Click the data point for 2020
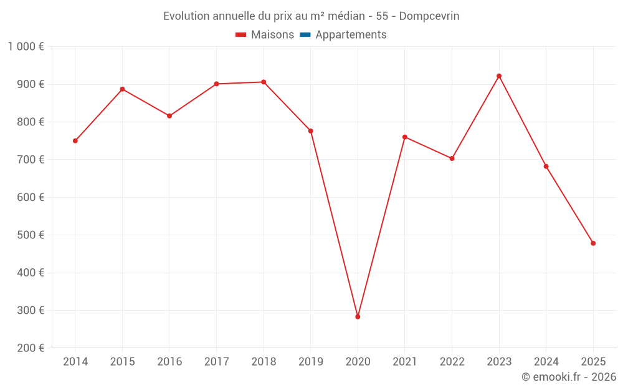(358, 317)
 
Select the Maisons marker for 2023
(499, 76)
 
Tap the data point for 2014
(75, 141)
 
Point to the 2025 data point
(593, 243)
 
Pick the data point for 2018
(264, 82)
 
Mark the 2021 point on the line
(405, 137)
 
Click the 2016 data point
(169, 116)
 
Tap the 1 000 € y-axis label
(26, 47)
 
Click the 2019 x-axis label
(311, 362)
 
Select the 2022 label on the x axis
(452, 362)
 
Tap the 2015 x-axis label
(122, 362)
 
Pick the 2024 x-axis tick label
(546, 362)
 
